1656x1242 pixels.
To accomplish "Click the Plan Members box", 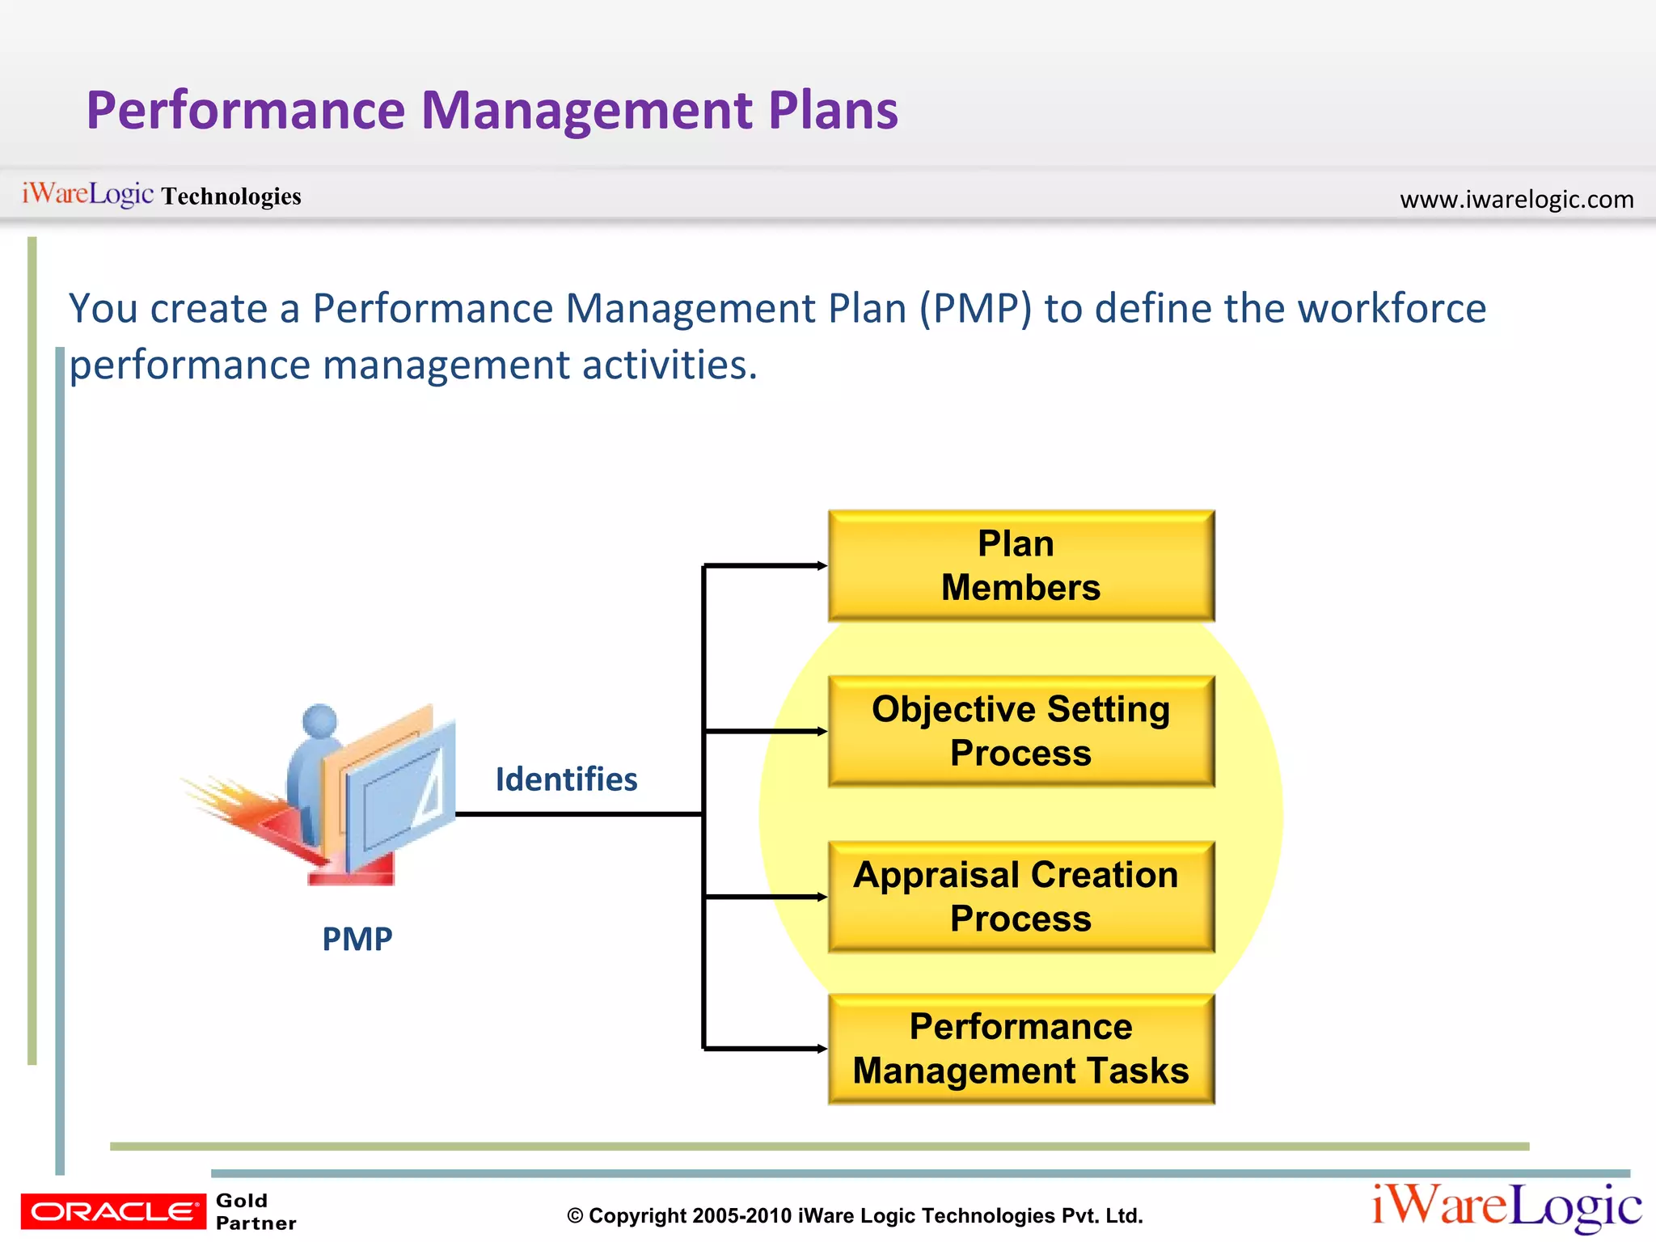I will pos(1020,565).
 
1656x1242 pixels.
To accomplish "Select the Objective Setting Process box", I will pos(1020,731).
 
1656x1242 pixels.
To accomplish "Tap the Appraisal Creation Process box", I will pos(1020,897).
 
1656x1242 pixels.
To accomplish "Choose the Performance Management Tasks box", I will pos(1020,1049).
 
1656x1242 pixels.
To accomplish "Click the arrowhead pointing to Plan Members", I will pos(822,565).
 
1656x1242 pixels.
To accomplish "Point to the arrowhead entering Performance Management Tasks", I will pos(822,1049).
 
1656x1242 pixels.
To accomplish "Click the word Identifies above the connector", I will pos(566,779).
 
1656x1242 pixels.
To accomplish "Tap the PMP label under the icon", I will pos(357,939).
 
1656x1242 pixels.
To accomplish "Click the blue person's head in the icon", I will pos(320,720).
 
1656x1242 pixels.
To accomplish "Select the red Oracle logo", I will pos(113,1211).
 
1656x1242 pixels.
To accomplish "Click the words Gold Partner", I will pos(255,1211).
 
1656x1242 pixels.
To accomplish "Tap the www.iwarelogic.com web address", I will pos(1516,199).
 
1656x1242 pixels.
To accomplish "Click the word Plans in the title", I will pos(833,110).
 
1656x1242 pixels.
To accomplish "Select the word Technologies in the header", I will pos(231,196).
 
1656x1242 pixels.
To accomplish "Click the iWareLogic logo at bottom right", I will pos(1506,1207).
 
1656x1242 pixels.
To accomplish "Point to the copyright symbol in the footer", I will pos(575,1216).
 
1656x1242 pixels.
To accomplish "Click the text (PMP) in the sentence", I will pos(975,309).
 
